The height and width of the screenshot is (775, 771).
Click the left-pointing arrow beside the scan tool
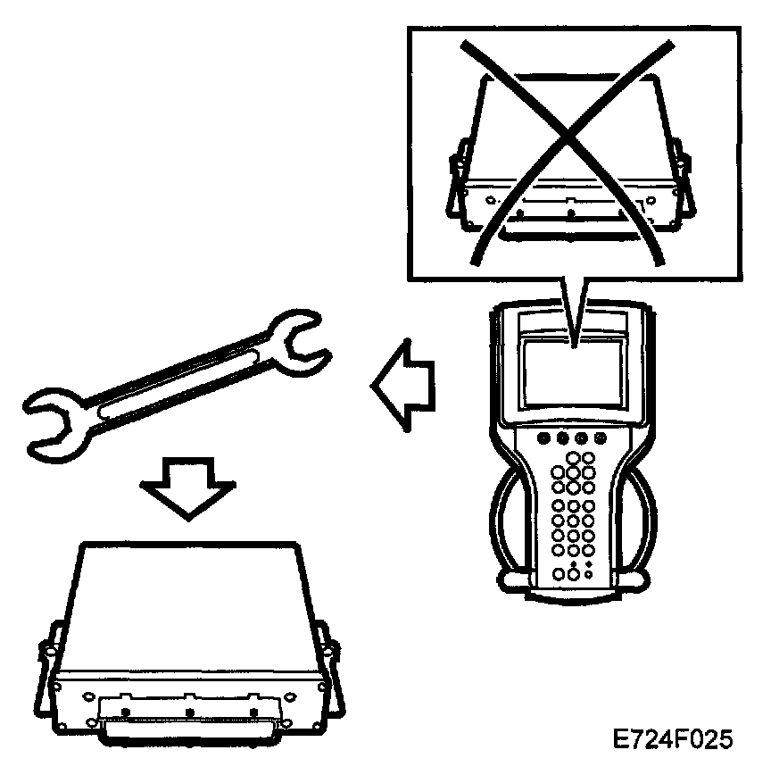402,387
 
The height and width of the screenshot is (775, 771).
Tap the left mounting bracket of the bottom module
49,674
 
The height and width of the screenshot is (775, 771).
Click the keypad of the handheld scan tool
576,518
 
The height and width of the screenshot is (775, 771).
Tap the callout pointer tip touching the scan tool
576,340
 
